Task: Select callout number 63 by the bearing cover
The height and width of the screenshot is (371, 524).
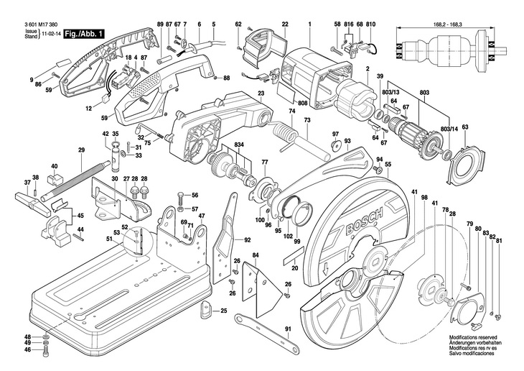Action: [x=464, y=127]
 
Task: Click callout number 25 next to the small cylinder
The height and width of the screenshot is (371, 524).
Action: [x=223, y=311]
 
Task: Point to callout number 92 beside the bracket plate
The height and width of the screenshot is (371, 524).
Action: [x=247, y=239]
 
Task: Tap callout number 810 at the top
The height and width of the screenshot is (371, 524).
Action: [x=370, y=24]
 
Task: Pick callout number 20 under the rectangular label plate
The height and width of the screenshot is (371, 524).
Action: [x=294, y=267]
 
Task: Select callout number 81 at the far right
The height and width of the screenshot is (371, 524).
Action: [x=499, y=241]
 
